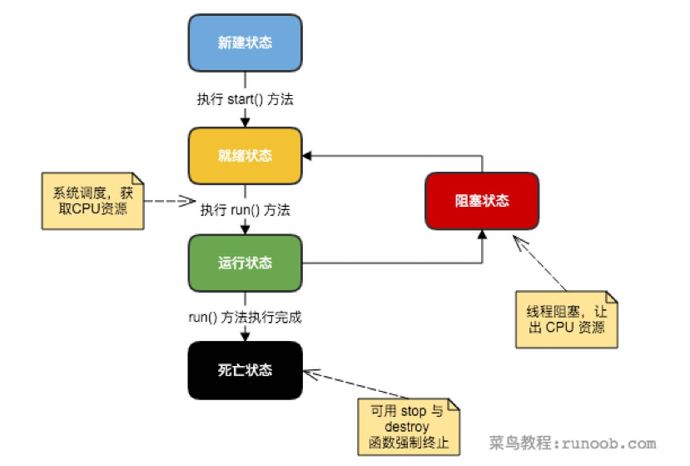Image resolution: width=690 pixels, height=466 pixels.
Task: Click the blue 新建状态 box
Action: coord(245,43)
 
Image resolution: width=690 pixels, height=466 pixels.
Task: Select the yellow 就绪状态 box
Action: coord(245,155)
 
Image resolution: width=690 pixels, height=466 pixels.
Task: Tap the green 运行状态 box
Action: coord(245,263)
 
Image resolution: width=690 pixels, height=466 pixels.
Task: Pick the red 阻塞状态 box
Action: coord(482,201)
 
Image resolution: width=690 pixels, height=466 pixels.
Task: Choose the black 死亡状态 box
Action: coord(245,370)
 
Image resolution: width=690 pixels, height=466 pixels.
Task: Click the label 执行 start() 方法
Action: coord(245,99)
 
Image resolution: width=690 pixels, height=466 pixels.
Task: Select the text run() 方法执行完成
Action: coord(245,317)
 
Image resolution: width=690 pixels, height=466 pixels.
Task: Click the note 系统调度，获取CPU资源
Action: coord(91,200)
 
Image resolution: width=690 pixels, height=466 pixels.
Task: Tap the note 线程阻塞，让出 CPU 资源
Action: coord(566,318)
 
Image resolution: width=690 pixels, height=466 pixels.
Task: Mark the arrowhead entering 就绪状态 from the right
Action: coord(307,155)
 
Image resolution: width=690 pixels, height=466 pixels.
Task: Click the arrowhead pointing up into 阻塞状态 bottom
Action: coord(482,235)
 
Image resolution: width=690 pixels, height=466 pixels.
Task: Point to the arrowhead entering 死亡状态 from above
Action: coord(245,336)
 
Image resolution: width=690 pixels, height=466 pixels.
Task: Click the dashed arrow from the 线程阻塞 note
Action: coord(542,263)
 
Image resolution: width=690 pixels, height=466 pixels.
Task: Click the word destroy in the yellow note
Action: coord(408,427)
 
